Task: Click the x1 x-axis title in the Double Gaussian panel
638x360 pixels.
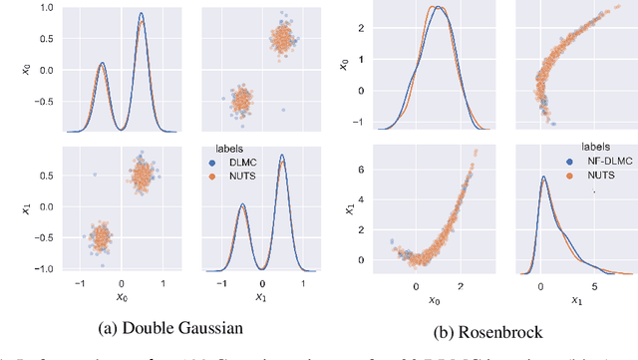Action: pyautogui.click(x=262, y=297)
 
